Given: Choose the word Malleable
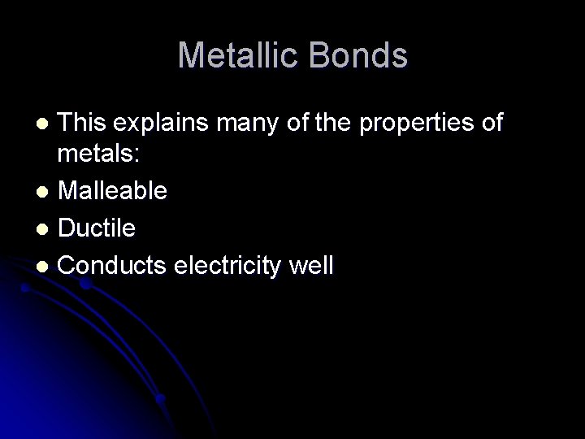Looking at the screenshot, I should coord(113,191).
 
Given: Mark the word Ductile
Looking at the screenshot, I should coord(97,228).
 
